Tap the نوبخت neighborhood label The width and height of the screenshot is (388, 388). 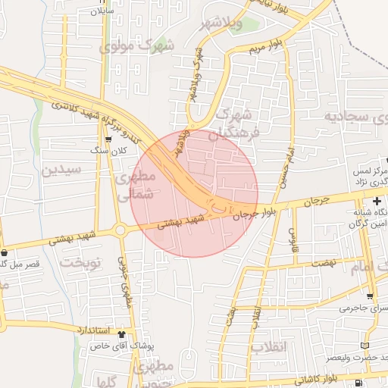(80, 263)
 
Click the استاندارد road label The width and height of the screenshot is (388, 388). (94, 330)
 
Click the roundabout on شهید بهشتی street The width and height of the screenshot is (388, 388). (119, 230)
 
